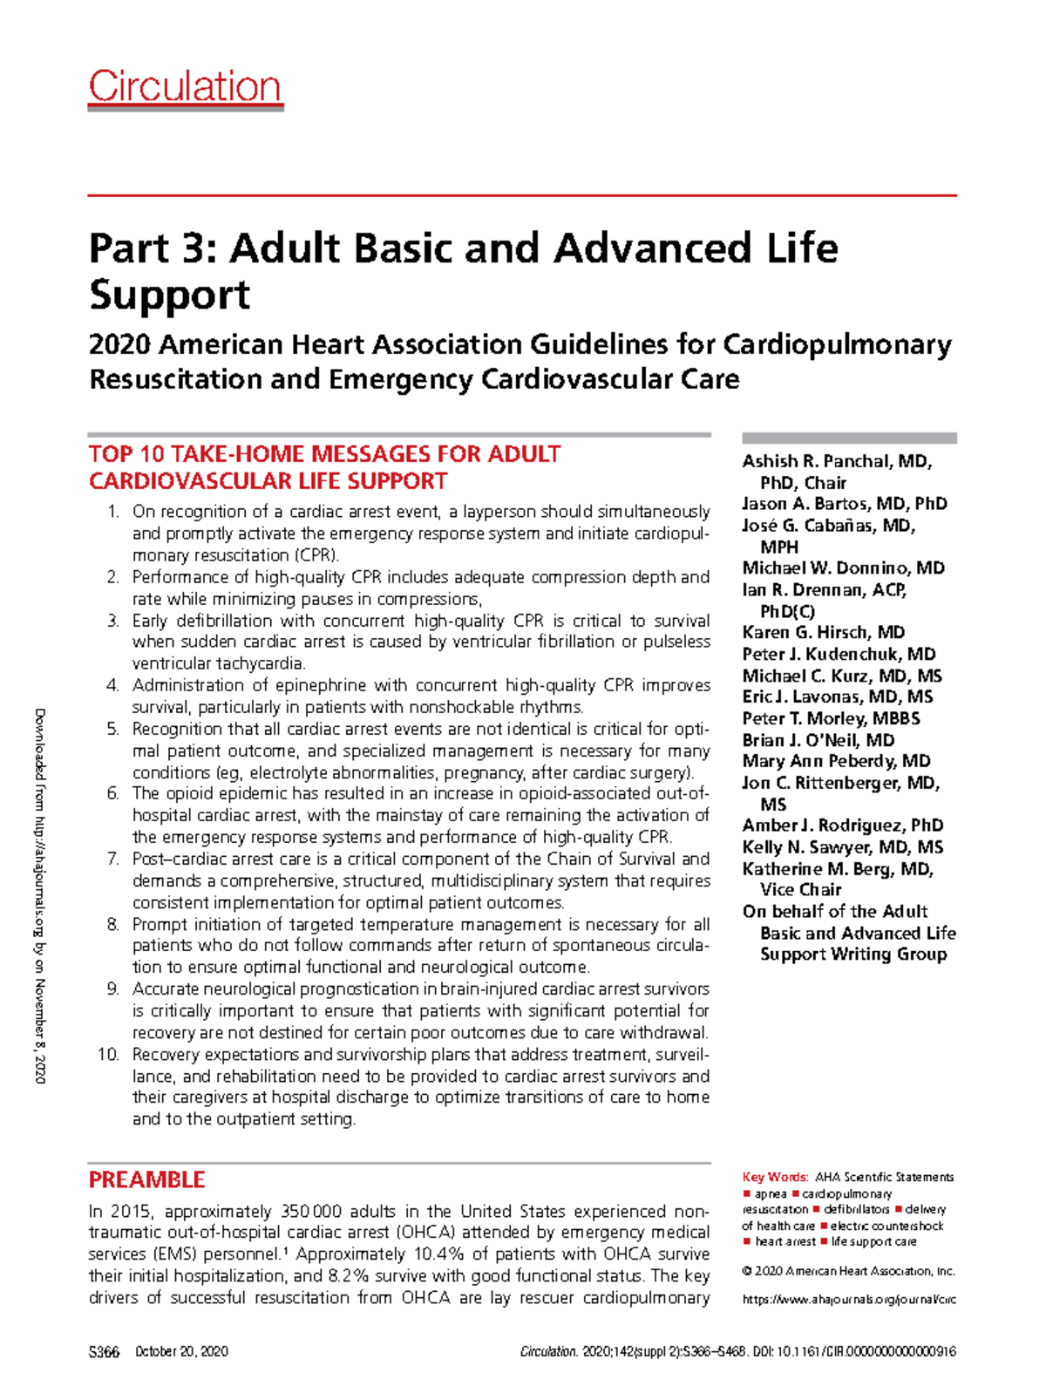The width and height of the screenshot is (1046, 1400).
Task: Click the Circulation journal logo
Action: [185, 86]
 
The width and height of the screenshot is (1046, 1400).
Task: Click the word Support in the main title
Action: [169, 295]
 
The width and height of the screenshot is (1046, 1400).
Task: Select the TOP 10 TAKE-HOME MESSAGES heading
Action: [324, 467]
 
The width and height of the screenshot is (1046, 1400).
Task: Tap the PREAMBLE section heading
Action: [146, 1179]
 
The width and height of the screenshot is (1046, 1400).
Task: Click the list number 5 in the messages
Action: [113, 729]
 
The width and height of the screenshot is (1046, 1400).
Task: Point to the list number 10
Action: [108, 1055]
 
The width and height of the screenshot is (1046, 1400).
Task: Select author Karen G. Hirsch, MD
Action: [823, 632]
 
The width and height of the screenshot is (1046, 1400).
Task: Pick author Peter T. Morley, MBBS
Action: [831, 718]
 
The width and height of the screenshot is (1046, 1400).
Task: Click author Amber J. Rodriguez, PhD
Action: [842, 825]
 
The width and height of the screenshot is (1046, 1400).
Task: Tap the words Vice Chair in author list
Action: [800, 889]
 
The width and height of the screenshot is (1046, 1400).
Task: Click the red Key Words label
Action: [775, 1177]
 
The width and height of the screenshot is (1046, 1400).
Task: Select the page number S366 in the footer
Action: [104, 1351]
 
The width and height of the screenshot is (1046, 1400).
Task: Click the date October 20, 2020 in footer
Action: [182, 1351]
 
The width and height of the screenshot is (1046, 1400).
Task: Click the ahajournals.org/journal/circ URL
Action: [848, 1299]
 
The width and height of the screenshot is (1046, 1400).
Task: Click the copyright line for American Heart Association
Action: [848, 1271]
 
